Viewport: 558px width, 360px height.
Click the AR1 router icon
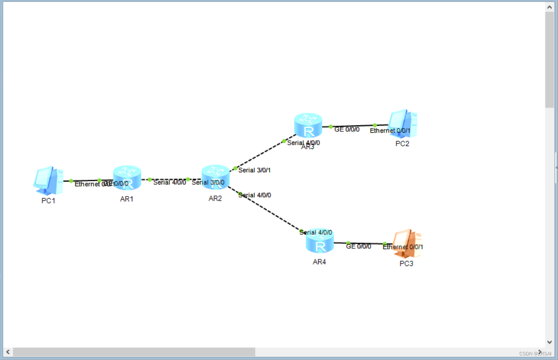pos(127,177)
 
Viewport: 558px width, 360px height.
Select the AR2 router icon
pos(216,177)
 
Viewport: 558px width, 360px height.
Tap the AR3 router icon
pos(308,125)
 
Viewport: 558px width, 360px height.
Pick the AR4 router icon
pos(320,242)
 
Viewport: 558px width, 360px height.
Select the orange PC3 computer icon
pos(407,244)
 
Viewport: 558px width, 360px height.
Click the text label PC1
pos(48,201)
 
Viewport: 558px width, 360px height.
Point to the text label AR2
pos(215,198)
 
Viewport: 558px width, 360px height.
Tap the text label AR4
pos(320,262)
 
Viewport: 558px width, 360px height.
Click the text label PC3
pos(406,264)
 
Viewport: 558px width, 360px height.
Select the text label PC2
pos(402,143)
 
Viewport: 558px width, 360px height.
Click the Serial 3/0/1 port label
pos(254,170)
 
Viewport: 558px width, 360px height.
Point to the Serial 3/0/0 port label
pos(208,183)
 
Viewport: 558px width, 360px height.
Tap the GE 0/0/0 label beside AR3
pos(347,129)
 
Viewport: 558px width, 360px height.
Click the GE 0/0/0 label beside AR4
pos(359,246)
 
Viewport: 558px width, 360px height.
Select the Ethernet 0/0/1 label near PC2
pos(390,131)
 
